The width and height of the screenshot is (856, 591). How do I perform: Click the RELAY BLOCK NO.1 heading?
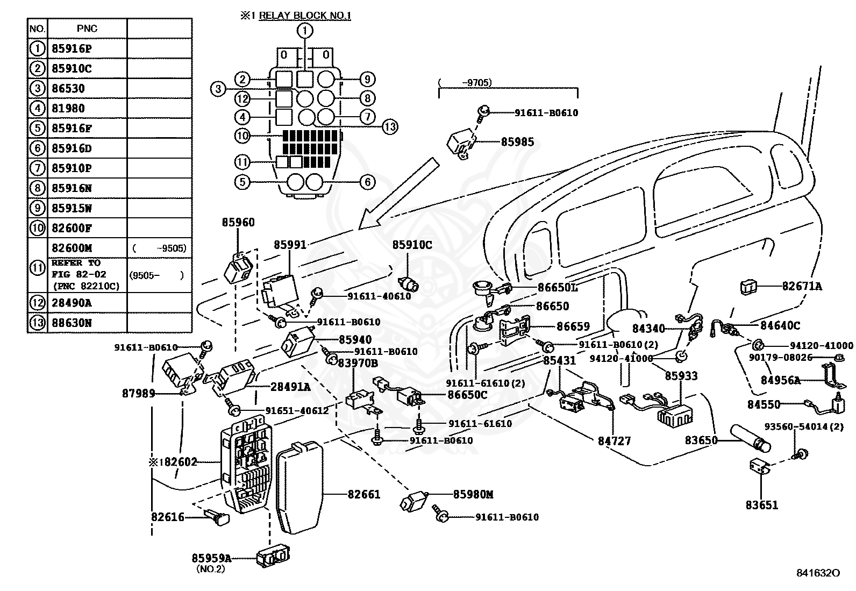pos(304,16)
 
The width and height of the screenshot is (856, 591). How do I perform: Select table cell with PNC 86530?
pos(68,88)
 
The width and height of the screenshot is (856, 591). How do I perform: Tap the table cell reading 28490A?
pos(72,303)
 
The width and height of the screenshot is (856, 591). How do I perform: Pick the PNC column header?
pos(87,29)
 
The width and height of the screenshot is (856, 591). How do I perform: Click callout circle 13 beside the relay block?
pos(390,126)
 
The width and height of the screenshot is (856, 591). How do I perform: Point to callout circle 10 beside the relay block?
pos(242,136)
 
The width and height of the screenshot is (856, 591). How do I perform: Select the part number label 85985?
pos(517,142)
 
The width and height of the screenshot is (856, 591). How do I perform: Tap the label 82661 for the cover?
pos(364,494)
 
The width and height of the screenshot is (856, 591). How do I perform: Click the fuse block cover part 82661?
pos(300,487)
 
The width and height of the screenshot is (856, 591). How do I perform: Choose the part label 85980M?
pos(473,494)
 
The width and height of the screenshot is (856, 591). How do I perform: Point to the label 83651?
pos(761,505)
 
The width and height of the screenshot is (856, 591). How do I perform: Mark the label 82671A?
pos(802,286)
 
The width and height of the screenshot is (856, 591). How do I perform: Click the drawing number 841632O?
pos(818,583)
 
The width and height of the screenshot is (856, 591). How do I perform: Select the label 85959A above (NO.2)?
pos(211,558)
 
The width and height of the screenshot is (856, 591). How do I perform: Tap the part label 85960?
pos(238,222)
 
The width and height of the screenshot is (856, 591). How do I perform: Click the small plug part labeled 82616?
pos(218,517)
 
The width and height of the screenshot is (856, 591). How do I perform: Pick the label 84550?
pos(764,404)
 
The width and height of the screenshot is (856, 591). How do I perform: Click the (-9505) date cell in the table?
pos(159,248)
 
